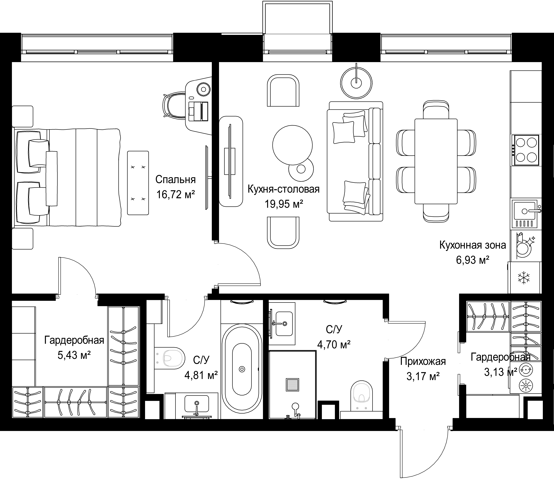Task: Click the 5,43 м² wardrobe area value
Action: [x=74, y=355]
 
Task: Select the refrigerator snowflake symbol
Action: [x=524, y=278]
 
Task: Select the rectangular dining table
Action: [x=436, y=161]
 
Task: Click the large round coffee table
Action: [x=292, y=145]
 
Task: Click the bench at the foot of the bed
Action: [x=138, y=183]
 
